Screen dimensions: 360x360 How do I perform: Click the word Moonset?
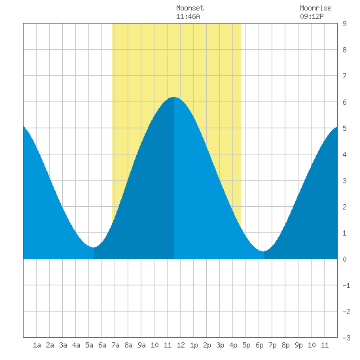pyautogui.click(x=190, y=8)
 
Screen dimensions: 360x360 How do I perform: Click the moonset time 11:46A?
pyautogui.click(x=188, y=16)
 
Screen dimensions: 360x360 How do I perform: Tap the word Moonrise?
pyautogui.click(x=315, y=8)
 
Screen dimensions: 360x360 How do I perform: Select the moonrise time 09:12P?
pyautogui.click(x=312, y=16)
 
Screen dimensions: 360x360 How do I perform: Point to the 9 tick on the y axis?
pyautogui.click(x=344, y=24)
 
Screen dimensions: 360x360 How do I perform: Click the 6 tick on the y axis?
pyautogui.click(x=344, y=102)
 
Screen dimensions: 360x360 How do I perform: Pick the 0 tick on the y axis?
pyautogui.click(x=344, y=259)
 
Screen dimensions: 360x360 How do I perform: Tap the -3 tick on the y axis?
pyautogui.click(x=346, y=338)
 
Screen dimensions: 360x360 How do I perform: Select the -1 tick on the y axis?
pyautogui.click(x=346, y=285)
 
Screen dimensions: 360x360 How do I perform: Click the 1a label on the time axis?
pyautogui.click(x=37, y=345)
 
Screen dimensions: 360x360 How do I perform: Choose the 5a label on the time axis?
pyautogui.click(x=89, y=345)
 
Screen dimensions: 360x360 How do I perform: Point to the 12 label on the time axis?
pyautogui.click(x=181, y=345)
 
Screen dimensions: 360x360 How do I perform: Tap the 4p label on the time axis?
pyautogui.click(x=233, y=345)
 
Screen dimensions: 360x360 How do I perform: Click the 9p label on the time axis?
pyautogui.click(x=298, y=345)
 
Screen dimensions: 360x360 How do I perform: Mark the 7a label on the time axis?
pyautogui.click(x=115, y=345)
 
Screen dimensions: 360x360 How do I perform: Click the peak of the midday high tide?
pyautogui.click(x=174, y=97)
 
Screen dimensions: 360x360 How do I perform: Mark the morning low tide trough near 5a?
pyautogui.click(x=94, y=247)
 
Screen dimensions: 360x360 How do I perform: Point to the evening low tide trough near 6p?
pyautogui.click(x=264, y=251)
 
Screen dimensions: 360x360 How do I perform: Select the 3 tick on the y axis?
pyautogui.click(x=344, y=181)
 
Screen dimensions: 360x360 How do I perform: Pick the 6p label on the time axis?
pyautogui.click(x=259, y=345)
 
